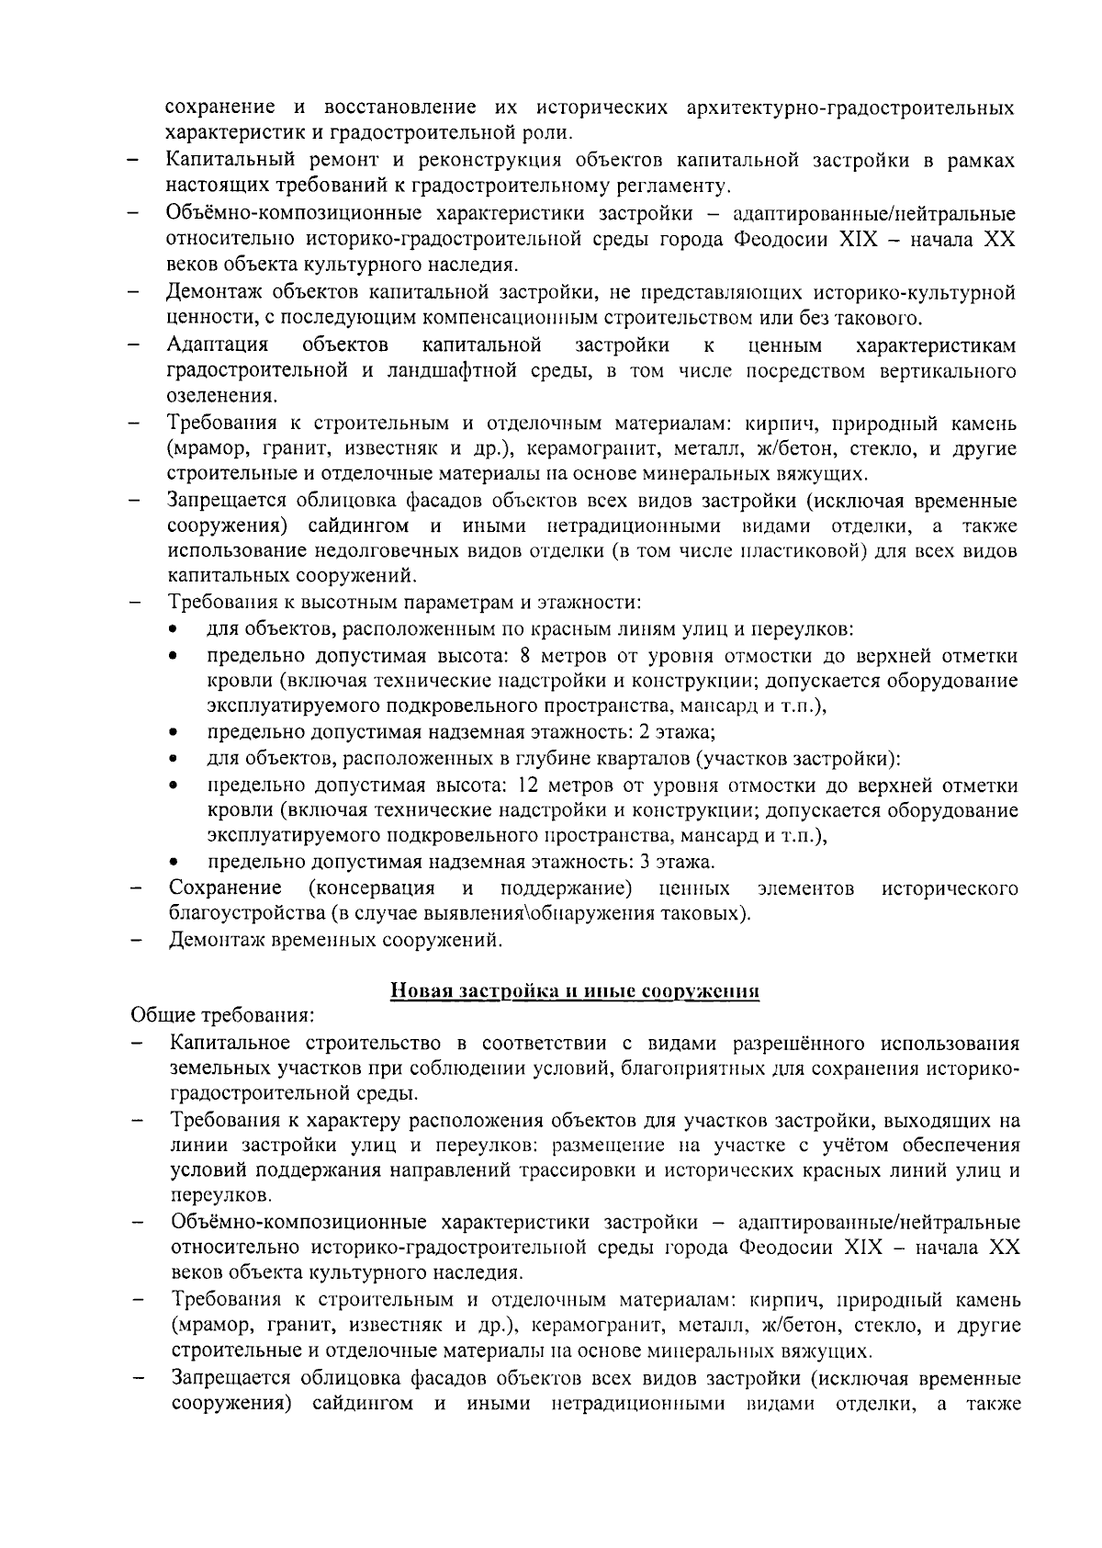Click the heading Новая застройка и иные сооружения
tap(574, 991)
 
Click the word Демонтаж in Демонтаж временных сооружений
tap(217, 940)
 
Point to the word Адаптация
tap(218, 345)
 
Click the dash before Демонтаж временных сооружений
tap(135, 941)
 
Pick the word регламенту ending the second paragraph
tap(679, 186)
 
